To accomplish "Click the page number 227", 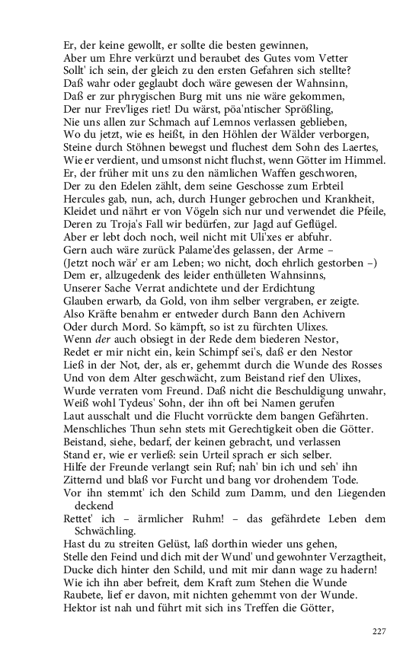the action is [x=379, y=631].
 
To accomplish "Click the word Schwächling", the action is [x=105, y=531].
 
